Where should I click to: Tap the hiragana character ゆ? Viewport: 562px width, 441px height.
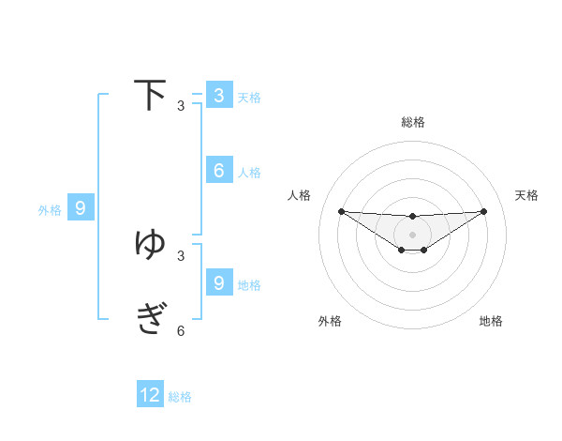(x=150, y=244)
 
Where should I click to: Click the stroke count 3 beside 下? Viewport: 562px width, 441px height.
(x=181, y=106)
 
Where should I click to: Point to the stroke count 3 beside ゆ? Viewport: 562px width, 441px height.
(x=181, y=255)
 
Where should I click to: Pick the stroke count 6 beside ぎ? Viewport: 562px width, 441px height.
(x=181, y=331)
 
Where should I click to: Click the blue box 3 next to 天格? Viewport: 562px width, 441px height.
(x=219, y=95)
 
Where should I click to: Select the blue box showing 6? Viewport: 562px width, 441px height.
(x=219, y=170)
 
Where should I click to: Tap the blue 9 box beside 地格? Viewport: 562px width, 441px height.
(x=219, y=281)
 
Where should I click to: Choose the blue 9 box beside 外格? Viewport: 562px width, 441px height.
(x=81, y=208)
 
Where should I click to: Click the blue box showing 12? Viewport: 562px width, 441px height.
(x=150, y=395)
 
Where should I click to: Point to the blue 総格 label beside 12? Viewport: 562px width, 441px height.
(x=180, y=397)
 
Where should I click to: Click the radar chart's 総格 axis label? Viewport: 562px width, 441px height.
(x=413, y=122)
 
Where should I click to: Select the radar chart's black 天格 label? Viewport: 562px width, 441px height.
(x=526, y=195)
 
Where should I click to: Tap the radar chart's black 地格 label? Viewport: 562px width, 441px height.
(x=491, y=321)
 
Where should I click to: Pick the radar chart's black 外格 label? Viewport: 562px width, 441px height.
(x=330, y=321)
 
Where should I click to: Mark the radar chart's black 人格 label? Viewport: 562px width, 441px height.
(x=300, y=195)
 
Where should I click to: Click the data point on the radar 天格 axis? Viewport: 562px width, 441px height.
(x=483, y=211)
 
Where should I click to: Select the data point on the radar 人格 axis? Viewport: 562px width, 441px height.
(x=341, y=211)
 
